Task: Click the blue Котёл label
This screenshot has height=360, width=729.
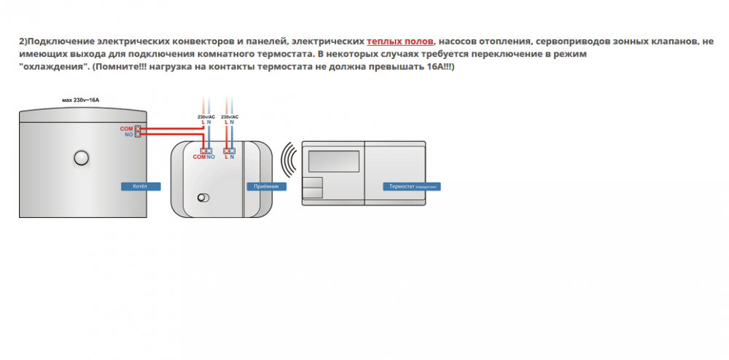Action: coord(139,187)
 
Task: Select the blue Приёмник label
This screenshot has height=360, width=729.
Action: coord(265,187)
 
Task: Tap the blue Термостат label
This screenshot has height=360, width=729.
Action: coord(413,187)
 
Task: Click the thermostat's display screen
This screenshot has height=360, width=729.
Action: coord(332,160)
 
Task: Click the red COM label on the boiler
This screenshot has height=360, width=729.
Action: coord(126,128)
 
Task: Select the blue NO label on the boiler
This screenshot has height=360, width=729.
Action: coord(128,135)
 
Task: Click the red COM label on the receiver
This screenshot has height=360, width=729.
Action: coord(198,157)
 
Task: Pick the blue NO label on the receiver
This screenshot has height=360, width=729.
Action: coord(211,157)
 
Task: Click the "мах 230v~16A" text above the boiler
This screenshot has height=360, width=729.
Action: coord(81,99)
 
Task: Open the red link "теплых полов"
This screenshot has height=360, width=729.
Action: coord(400,42)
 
